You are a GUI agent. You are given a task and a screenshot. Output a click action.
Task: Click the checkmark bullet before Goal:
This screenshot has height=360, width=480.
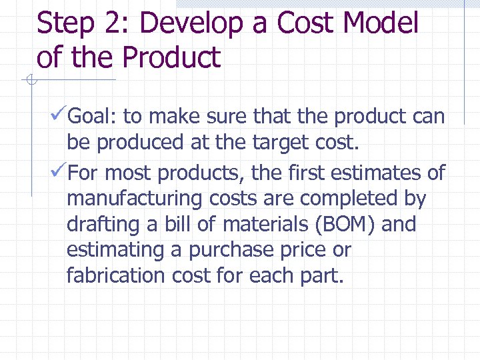[59, 117]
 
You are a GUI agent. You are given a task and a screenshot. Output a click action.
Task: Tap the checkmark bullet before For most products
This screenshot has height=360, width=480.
[59, 173]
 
